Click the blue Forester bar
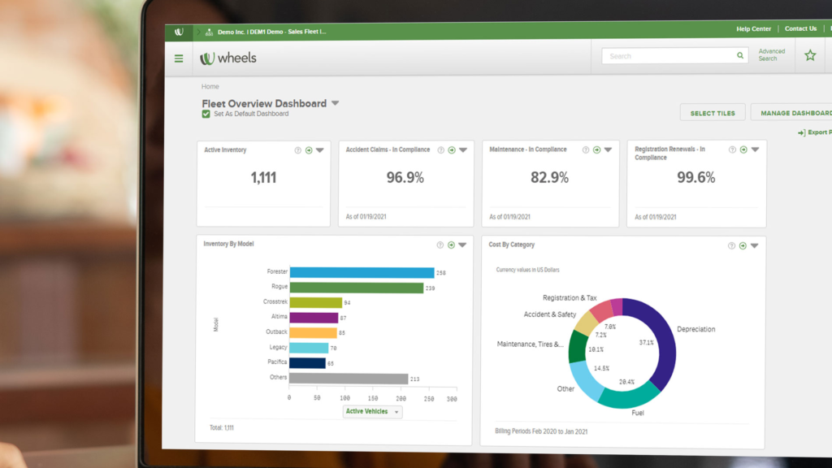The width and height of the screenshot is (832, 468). [x=362, y=273]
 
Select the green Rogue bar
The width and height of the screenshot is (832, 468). [x=356, y=288]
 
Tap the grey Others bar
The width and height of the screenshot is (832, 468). [x=349, y=379]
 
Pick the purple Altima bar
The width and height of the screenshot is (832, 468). [x=314, y=318]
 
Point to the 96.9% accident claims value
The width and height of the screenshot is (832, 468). [x=405, y=178]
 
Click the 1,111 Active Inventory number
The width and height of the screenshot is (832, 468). [x=263, y=178]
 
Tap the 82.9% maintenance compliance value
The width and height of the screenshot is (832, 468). [x=549, y=178]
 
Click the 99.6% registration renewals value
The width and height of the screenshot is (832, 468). [x=695, y=178]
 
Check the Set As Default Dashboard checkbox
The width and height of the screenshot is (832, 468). [x=206, y=115]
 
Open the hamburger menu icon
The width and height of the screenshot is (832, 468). [x=179, y=58]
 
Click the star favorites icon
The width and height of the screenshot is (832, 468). [x=809, y=56]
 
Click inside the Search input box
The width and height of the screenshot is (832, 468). [x=670, y=56]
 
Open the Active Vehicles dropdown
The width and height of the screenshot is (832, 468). [x=372, y=412]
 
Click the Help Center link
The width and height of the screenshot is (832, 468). [x=753, y=29]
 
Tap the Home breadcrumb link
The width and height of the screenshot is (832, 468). [x=210, y=87]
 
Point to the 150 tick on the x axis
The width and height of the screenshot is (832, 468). [x=372, y=399]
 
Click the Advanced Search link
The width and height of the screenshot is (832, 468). [x=771, y=55]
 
